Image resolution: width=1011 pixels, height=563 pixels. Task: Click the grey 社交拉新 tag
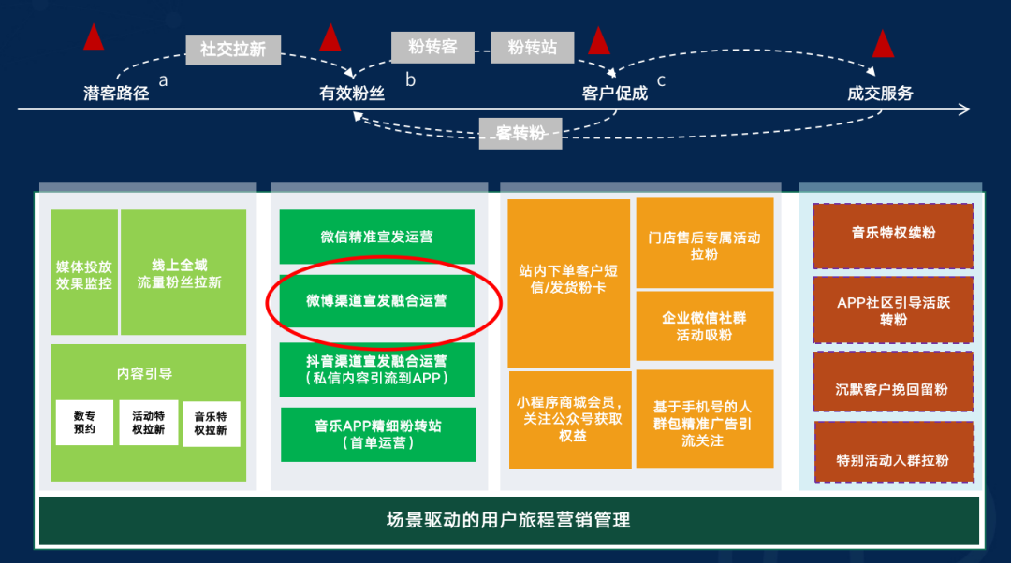click(x=233, y=50)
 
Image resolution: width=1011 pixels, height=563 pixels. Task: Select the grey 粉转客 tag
click(x=432, y=47)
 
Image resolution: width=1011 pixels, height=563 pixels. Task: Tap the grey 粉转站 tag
click(x=532, y=47)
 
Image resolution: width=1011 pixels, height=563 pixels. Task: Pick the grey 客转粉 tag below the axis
click(x=520, y=134)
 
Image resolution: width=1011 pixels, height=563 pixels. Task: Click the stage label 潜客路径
click(x=116, y=94)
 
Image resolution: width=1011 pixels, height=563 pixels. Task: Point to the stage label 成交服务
click(x=880, y=94)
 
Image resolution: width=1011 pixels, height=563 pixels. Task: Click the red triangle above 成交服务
click(x=883, y=45)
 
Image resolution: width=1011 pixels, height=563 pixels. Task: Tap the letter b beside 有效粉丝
click(x=410, y=79)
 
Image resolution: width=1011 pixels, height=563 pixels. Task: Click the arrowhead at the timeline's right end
click(x=964, y=109)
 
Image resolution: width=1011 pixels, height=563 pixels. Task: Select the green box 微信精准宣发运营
click(x=376, y=237)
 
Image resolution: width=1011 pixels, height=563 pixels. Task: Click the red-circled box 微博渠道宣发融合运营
click(x=376, y=301)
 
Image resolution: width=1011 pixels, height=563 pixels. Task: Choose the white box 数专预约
click(x=84, y=423)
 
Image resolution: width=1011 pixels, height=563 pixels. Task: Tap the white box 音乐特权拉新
click(x=211, y=424)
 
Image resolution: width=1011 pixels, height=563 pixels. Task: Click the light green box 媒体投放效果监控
click(x=84, y=272)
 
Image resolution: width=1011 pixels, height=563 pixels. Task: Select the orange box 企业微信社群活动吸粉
click(x=705, y=326)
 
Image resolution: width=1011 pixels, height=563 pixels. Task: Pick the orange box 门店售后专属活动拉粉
click(x=705, y=243)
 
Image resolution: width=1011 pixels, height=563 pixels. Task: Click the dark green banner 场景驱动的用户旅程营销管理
click(x=509, y=521)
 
